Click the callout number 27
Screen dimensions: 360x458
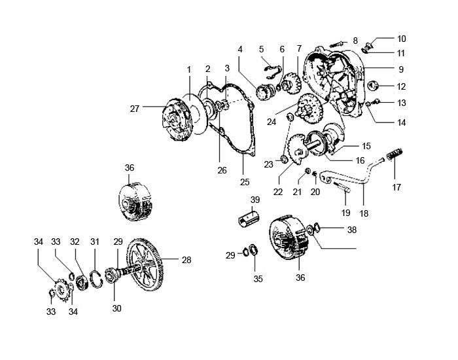click(x=135, y=109)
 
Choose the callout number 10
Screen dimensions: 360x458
click(x=402, y=39)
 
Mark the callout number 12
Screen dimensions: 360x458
click(x=402, y=86)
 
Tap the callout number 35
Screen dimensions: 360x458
click(x=258, y=279)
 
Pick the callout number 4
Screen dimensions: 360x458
click(x=240, y=49)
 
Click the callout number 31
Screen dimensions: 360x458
click(x=95, y=242)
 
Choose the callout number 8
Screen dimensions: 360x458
click(x=355, y=41)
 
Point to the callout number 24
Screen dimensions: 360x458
click(x=272, y=120)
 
